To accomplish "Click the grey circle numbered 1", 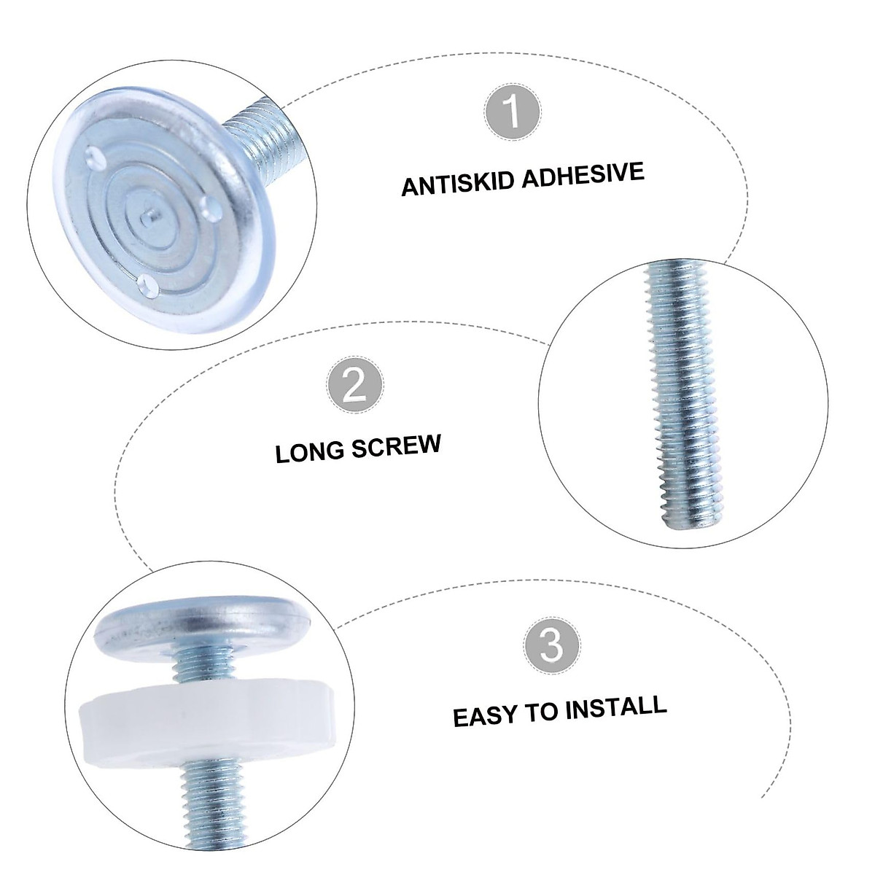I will tap(513, 112).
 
